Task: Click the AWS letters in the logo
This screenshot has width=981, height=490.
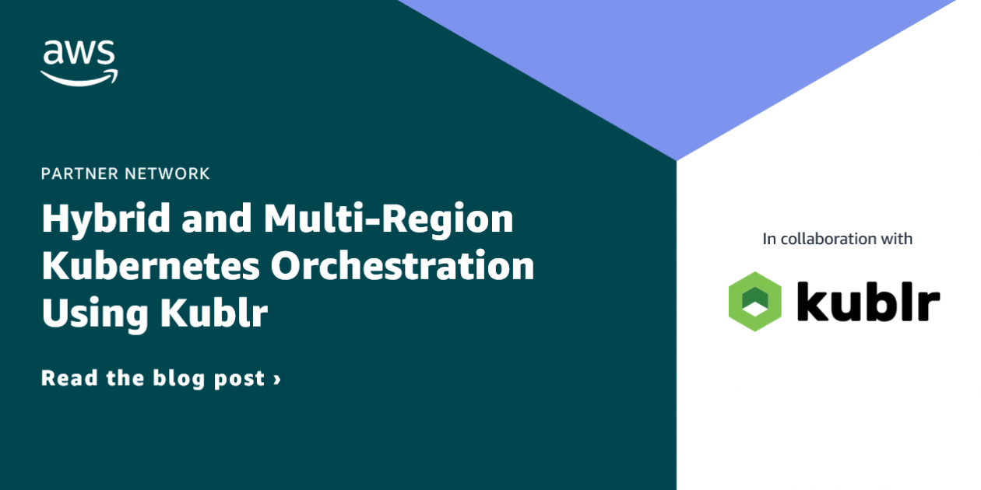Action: click(79, 54)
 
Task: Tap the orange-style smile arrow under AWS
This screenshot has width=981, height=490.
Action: click(79, 75)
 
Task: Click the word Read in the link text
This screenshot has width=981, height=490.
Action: click(69, 379)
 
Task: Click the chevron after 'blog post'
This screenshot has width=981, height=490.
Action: click(276, 380)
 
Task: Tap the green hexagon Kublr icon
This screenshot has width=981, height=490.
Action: click(754, 302)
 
